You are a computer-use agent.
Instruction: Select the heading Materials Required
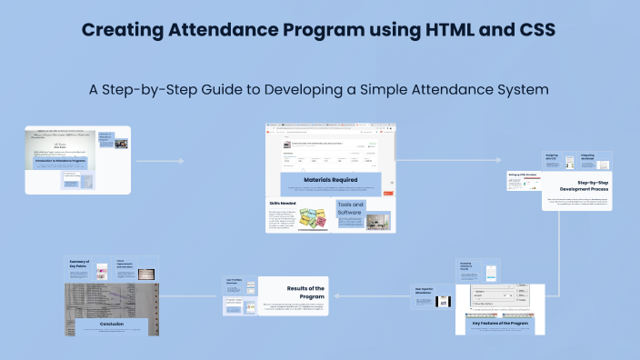[x=330, y=180]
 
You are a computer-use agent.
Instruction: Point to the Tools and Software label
[x=351, y=209]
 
